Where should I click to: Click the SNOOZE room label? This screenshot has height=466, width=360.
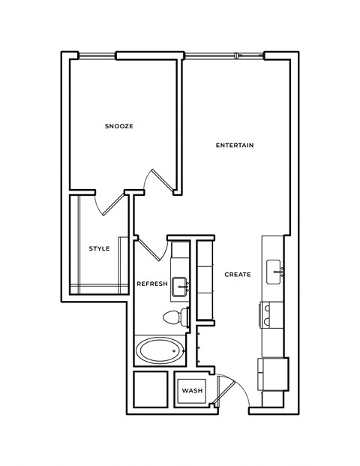point(118,126)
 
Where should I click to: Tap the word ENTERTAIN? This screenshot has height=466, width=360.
point(235,145)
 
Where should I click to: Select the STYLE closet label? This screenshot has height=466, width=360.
point(99,248)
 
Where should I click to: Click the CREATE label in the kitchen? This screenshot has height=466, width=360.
point(237,274)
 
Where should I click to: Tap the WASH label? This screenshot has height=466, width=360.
point(192,391)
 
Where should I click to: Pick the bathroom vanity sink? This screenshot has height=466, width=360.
point(180,286)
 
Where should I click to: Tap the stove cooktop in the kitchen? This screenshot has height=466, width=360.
point(271,314)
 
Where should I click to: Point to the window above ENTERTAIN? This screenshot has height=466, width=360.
point(223,54)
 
